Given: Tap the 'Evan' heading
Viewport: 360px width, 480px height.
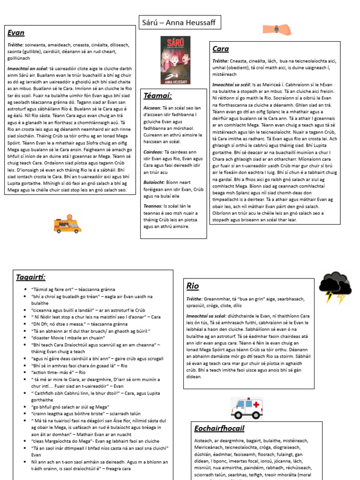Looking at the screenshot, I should click(16, 33).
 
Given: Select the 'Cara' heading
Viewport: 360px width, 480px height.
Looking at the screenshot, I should click(221, 49).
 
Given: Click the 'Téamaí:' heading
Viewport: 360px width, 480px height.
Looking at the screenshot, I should click(157, 96).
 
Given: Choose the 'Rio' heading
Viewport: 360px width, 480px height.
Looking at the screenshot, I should click(193, 285).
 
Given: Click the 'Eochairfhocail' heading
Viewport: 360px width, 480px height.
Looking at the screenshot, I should click(219, 428).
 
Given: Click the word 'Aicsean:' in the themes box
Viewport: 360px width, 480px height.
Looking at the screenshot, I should click(153, 107).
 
